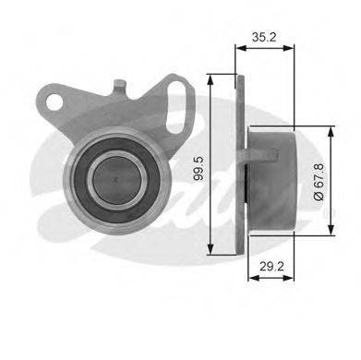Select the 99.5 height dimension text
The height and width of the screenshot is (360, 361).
pos(199,168)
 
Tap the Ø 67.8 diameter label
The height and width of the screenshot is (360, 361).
pos(319,182)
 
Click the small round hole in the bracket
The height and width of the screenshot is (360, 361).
pos(54,102)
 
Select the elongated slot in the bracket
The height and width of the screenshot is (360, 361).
pos(176,107)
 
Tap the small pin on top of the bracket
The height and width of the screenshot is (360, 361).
pos(120,87)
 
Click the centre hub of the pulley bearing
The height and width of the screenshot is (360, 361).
pos(117,181)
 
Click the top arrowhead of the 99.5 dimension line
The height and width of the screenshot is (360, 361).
pos(211,79)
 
